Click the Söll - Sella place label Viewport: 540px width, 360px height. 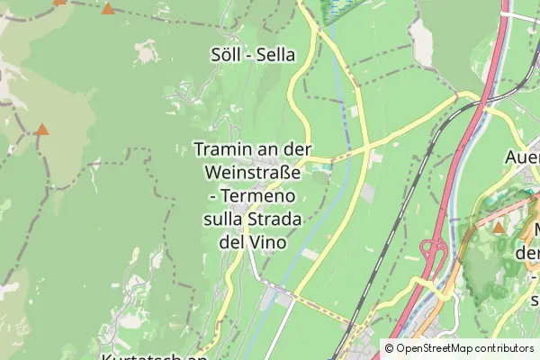click(252, 55)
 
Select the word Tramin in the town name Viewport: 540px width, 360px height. click(221, 150)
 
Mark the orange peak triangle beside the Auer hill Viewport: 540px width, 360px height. click(499, 227)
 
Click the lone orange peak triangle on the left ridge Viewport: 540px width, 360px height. click(42, 130)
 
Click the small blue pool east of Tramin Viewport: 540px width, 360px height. click(321, 166)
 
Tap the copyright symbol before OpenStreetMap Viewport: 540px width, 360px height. click(389, 348)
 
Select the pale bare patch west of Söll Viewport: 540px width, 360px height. click(145, 55)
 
